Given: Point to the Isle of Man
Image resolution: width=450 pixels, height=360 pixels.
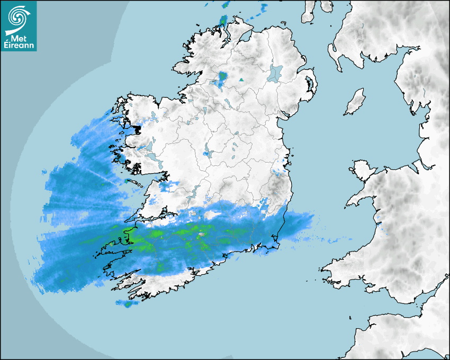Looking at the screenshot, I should (x=355, y=102).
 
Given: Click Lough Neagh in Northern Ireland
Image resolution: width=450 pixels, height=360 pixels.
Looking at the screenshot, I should (x=276, y=73).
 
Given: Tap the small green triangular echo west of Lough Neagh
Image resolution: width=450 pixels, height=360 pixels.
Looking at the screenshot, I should (x=241, y=80).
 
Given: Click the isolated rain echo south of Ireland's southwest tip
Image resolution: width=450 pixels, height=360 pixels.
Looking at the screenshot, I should (x=126, y=303).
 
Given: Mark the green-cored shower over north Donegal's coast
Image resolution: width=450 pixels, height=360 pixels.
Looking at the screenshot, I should (x=223, y=21).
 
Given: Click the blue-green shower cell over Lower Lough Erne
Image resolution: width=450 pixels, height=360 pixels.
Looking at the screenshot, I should (x=222, y=78).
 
